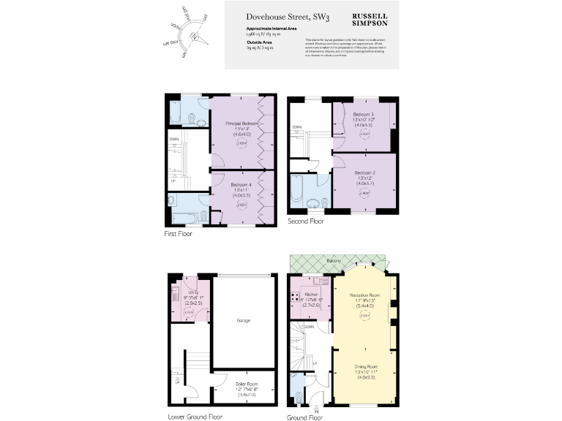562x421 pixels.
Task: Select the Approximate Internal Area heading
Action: point(271,29)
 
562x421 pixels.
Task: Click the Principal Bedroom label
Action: point(242,124)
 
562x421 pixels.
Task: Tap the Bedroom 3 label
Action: point(364,115)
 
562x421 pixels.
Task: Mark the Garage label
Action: point(244,320)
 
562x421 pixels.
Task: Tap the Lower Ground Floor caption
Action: point(192,418)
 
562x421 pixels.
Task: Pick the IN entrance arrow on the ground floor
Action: point(316,407)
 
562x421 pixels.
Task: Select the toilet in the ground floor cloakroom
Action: point(297,397)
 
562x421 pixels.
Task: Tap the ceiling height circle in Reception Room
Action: point(363,316)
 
